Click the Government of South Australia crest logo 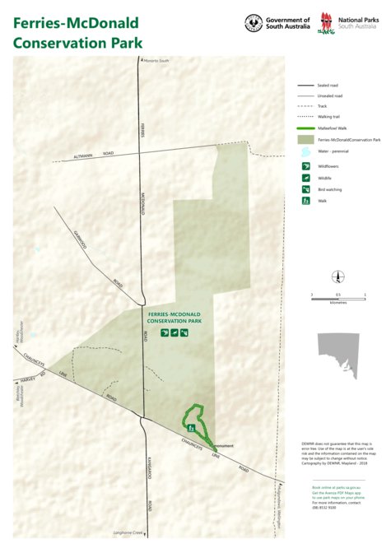[x=254, y=23]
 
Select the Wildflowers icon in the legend [x=305, y=166]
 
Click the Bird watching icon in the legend [x=305, y=189]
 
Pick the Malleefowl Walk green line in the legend [x=305, y=129]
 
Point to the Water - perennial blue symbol [x=305, y=152]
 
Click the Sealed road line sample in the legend [x=305, y=86]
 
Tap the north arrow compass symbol [x=337, y=276]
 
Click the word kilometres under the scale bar [x=337, y=302]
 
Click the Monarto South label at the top [x=156, y=60]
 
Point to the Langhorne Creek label [x=133, y=533]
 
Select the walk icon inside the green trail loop [x=191, y=428]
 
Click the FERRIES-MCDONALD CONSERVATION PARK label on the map [x=175, y=319]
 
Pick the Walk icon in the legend [x=305, y=201]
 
